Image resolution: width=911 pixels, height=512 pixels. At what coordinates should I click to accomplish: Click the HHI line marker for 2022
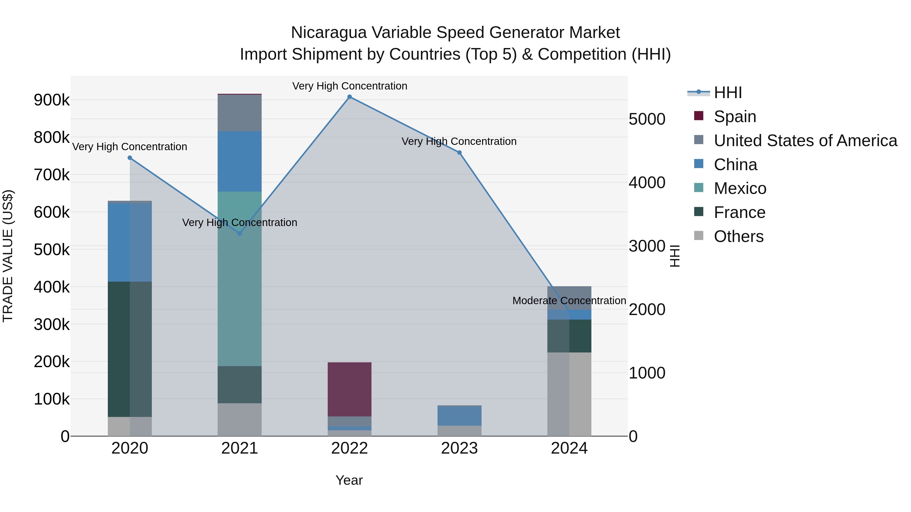(349, 97)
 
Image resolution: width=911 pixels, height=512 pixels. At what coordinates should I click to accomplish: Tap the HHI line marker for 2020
(130, 158)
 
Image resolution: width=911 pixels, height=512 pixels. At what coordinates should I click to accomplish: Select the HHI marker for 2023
(459, 153)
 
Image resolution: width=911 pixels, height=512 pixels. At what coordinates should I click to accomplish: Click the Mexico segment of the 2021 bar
(239, 279)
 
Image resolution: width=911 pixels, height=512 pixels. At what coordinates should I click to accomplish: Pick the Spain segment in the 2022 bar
(349, 389)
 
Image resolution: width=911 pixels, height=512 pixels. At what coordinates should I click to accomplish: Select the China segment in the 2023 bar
(459, 416)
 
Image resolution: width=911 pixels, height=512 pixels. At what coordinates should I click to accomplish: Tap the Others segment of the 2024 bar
(569, 394)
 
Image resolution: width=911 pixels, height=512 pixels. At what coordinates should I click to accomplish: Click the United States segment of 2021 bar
(239, 113)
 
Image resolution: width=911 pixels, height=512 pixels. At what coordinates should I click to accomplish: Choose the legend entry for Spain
(735, 117)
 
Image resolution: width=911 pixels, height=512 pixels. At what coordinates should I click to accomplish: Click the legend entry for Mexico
(740, 188)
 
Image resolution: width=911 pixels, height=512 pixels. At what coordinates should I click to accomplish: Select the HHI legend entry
(728, 93)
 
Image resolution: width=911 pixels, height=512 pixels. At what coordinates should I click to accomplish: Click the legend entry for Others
(738, 236)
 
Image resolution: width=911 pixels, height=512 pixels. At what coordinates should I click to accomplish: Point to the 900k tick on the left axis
(52, 100)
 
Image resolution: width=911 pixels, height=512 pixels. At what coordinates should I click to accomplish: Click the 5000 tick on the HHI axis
(647, 119)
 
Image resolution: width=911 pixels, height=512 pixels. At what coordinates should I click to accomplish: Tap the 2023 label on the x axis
(459, 448)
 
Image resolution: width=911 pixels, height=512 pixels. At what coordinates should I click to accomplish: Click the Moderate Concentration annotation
(569, 301)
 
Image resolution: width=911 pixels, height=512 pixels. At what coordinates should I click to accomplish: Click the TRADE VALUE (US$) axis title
(8, 256)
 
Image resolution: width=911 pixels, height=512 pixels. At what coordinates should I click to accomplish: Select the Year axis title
(349, 480)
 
